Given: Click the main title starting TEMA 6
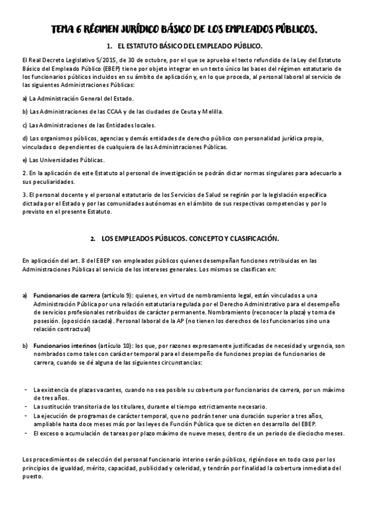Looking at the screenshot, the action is tap(184, 29).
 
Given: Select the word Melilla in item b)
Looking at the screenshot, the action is tap(211, 111).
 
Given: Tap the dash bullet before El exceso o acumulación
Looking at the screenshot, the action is tap(25, 434).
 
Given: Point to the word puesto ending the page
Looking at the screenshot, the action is tap(32, 477).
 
